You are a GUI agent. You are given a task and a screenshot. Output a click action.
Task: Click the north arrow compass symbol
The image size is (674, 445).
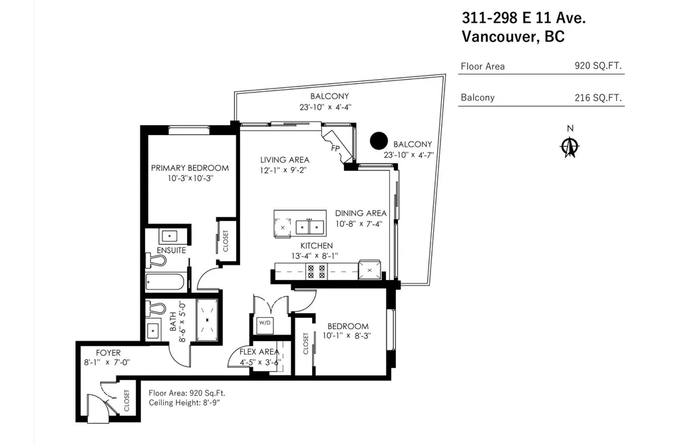click(x=570, y=147)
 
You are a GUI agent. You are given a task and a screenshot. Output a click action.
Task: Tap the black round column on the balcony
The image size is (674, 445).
click(x=379, y=140)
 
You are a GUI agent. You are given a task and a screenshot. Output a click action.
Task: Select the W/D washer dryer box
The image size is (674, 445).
click(x=264, y=323)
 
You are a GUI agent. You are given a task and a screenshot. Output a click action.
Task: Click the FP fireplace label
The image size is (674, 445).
click(x=335, y=148)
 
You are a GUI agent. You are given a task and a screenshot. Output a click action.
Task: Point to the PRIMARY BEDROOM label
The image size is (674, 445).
click(x=190, y=168)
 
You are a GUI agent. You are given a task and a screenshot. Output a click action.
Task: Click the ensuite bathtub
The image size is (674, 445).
click(x=166, y=283)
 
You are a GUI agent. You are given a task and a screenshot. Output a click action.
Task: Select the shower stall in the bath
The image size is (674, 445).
click(x=208, y=319)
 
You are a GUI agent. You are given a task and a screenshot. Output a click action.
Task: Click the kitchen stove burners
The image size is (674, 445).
click(x=316, y=272)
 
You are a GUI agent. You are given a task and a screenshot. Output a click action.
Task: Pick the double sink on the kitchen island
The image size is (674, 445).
click(x=309, y=227)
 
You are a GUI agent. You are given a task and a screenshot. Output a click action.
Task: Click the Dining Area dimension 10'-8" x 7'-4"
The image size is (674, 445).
click(x=359, y=223)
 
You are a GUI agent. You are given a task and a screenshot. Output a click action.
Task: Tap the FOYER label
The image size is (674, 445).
click(x=108, y=353)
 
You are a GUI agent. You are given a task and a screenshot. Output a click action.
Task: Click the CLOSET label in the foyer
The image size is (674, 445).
click(x=127, y=400)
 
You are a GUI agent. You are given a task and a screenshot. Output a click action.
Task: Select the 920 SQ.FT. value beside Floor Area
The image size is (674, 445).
click(x=598, y=66)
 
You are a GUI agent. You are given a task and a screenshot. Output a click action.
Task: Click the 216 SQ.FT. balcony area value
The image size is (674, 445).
click(x=598, y=98)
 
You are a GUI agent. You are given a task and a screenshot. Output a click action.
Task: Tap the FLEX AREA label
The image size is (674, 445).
click(x=259, y=352)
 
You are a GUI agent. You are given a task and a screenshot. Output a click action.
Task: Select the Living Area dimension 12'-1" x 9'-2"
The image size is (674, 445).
click(x=283, y=170)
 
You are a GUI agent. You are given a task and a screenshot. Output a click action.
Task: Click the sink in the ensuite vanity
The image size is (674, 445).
click(x=170, y=236)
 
